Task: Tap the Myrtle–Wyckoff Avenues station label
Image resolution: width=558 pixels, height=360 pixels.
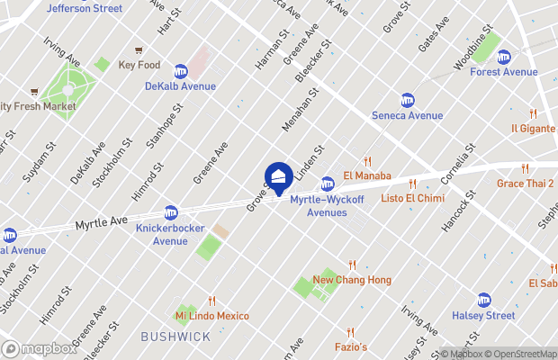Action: [319, 206]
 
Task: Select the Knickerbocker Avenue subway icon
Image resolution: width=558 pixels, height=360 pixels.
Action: [170, 213]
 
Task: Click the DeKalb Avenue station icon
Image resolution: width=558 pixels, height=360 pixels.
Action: [180, 70]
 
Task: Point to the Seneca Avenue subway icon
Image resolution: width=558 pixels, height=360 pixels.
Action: [408, 100]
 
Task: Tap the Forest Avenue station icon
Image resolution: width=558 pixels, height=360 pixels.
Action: [503, 57]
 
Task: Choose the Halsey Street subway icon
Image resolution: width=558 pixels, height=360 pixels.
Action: [484, 300]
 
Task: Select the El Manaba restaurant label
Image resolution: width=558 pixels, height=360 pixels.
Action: [366, 175]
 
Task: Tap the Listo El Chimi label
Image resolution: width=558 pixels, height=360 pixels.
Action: [410, 197]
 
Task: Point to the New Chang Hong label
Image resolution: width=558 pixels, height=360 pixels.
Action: [352, 280]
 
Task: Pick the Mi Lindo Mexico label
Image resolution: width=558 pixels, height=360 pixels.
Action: [211, 316]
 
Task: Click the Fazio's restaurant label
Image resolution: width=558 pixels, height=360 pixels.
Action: [352, 346]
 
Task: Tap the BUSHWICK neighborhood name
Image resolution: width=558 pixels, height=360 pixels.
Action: [175, 337]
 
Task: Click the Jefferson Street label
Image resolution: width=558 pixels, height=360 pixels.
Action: [84, 8]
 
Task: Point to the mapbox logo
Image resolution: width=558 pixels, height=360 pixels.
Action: [40, 348]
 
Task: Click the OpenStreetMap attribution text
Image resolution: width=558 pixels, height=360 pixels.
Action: [523, 354]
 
